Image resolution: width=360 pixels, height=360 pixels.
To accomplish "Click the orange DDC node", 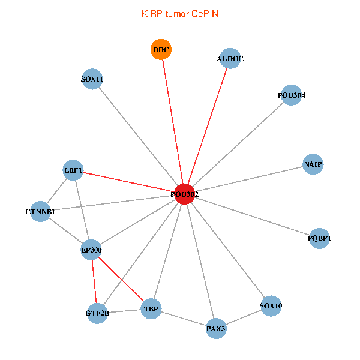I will tap(161, 50).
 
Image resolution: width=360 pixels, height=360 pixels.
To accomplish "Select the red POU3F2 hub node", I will tap(184, 194).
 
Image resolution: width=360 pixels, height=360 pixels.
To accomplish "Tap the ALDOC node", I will tap(230, 59).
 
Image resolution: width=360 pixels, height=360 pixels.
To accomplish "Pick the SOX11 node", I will tap(92, 79).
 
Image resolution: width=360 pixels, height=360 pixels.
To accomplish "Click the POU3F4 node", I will tap(291, 95).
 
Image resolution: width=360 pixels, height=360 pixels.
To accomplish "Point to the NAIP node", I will tap(313, 164).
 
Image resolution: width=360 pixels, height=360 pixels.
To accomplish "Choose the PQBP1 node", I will tap(319, 238).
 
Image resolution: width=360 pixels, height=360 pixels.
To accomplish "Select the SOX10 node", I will tap(271, 306).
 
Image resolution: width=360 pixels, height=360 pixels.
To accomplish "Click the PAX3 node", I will tap(216, 328).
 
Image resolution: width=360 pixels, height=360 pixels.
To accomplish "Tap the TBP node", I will tap(151, 310).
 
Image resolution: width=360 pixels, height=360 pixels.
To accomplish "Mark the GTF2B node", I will tap(97, 313).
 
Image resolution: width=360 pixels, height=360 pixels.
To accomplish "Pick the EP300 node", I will tap(91, 250).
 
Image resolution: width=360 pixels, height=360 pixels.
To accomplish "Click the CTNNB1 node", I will tap(40, 211).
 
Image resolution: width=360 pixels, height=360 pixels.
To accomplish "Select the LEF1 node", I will tap(73, 170).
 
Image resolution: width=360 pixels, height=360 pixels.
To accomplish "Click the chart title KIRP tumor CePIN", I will tap(180, 13).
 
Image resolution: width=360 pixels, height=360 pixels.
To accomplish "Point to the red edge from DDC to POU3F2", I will tap(172, 120).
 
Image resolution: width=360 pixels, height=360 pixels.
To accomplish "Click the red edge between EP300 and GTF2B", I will tap(94, 281).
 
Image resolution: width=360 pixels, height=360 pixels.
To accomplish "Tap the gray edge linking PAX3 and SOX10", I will tap(243, 317).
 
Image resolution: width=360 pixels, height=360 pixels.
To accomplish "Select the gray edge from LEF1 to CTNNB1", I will tap(57, 190).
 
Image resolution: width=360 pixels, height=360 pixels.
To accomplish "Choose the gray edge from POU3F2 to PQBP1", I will tap(252, 216).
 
